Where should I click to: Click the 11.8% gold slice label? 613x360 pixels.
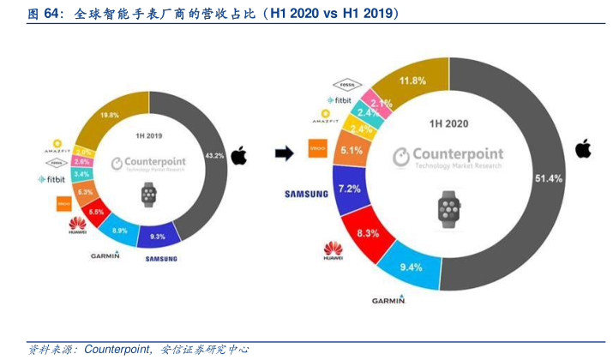[x=413, y=81]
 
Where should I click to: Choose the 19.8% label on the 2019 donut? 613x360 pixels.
[x=108, y=115]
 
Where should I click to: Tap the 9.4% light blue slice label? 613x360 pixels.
[x=412, y=267]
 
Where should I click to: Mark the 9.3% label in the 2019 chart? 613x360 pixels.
[x=158, y=235]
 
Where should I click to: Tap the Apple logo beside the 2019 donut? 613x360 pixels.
[x=238, y=155]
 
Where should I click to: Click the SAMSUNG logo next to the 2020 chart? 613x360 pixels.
[x=306, y=195]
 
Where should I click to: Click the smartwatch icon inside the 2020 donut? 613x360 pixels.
[x=448, y=208]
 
